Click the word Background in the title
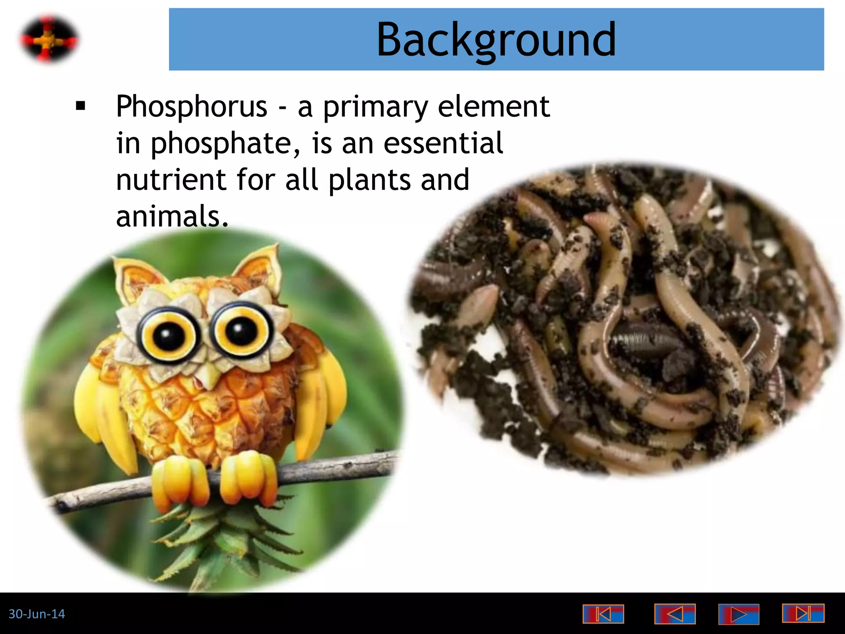pyautogui.click(x=496, y=40)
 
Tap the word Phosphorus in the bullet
pyautogui.click(x=191, y=106)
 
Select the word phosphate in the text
pyautogui.click(x=221, y=143)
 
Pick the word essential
pyautogui.click(x=443, y=143)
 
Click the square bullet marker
pyautogui.click(x=80, y=106)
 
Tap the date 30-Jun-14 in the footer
pyautogui.click(x=37, y=614)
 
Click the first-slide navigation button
pyautogui.click(x=603, y=614)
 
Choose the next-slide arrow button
pyautogui.click(x=739, y=614)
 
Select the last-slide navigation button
pyautogui.click(x=803, y=613)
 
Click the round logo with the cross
pyautogui.click(x=49, y=40)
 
